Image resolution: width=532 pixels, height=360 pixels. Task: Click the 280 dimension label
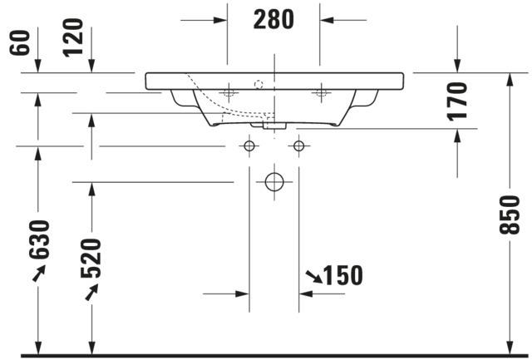273,20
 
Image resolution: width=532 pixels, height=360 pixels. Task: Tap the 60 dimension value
20,42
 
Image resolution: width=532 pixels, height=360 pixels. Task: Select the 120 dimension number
73,37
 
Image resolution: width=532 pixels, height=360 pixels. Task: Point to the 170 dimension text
457,101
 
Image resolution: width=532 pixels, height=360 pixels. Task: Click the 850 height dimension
510,215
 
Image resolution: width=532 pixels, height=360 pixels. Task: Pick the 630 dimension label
39,239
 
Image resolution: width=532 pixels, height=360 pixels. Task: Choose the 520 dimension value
91,259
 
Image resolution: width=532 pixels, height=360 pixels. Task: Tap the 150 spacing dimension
343,275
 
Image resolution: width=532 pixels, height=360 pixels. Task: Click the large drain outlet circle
274,182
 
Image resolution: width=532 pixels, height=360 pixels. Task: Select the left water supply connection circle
249,146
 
